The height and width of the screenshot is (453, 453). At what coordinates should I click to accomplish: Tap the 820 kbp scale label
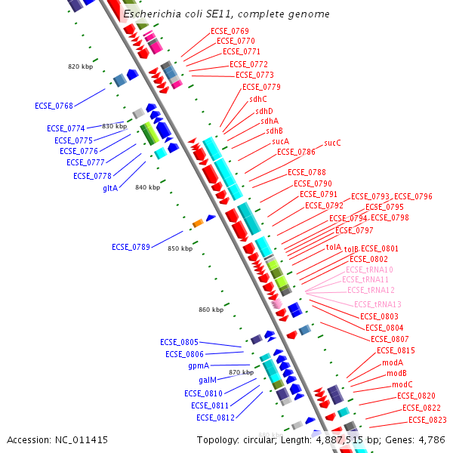[x=79, y=66]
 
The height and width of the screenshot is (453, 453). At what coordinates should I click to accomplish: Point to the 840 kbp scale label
[x=146, y=187]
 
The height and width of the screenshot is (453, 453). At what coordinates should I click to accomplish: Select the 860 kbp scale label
[x=211, y=310]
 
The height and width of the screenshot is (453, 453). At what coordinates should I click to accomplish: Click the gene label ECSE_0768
[x=54, y=106]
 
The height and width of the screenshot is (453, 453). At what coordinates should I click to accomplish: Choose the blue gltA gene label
[x=110, y=188]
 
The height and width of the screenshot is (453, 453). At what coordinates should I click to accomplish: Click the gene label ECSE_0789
[x=131, y=247]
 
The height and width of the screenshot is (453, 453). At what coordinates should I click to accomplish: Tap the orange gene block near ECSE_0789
[x=198, y=223]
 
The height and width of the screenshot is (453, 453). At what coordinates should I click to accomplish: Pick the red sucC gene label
[x=332, y=143]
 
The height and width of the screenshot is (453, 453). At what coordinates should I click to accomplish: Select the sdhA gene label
[x=270, y=121]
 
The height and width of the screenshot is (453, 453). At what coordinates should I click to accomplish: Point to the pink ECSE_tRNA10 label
[x=369, y=270]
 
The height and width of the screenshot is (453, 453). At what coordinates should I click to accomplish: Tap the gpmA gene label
[x=199, y=365]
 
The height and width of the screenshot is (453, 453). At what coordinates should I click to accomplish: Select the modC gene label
[x=402, y=384]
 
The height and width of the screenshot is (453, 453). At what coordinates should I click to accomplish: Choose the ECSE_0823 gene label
[x=427, y=420]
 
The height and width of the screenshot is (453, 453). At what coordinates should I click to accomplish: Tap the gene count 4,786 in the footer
[x=430, y=439]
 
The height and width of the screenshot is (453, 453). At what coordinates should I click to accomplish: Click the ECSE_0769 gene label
[x=230, y=31]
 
